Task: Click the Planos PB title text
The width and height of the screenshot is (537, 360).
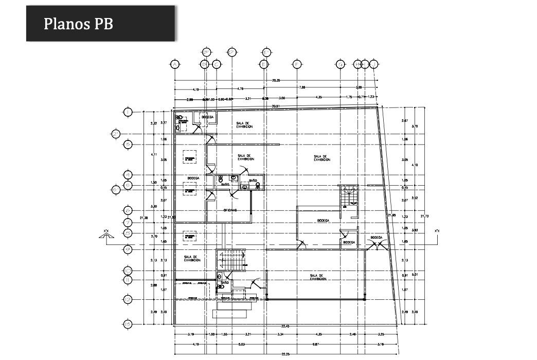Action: pos(78,24)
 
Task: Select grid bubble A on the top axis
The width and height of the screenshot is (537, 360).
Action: pos(175,64)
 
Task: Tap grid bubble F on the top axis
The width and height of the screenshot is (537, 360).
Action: pos(297,64)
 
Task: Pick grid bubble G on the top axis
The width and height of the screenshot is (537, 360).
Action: pos(340,64)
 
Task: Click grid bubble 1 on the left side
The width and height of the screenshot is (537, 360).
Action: pos(128,112)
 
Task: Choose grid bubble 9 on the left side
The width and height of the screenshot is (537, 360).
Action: pos(128,250)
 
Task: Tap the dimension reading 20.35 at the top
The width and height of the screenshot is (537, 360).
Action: pos(276,80)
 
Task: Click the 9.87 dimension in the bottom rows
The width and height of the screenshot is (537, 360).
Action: pos(317,344)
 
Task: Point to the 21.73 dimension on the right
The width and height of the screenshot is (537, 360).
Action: pos(425,216)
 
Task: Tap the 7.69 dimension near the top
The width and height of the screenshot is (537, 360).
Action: pos(302,88)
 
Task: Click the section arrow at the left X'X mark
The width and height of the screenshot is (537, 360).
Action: pos(106,236)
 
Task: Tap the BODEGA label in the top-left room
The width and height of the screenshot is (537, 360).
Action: pos(208,117)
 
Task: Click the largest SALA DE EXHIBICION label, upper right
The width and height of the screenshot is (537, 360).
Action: pos(322,158)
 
